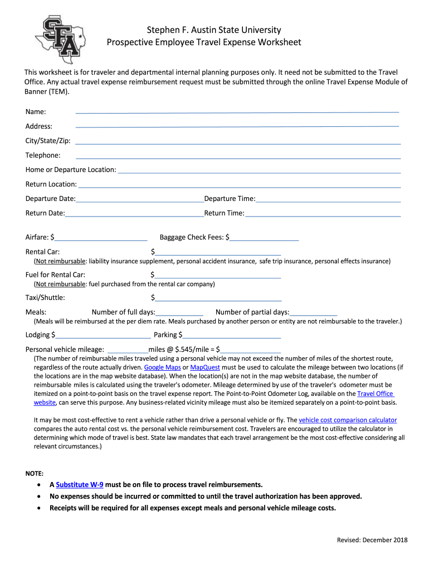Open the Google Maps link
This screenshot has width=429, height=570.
pos(162,367)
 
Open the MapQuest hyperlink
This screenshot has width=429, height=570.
pos(205,367)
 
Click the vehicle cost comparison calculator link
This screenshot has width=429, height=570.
pos(348,420)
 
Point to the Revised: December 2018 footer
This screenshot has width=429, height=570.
pos(372,540)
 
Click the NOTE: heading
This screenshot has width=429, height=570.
pos(34,473)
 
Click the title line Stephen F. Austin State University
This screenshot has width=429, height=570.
pos(214,30)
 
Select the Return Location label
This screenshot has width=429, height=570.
pos(51,184)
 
